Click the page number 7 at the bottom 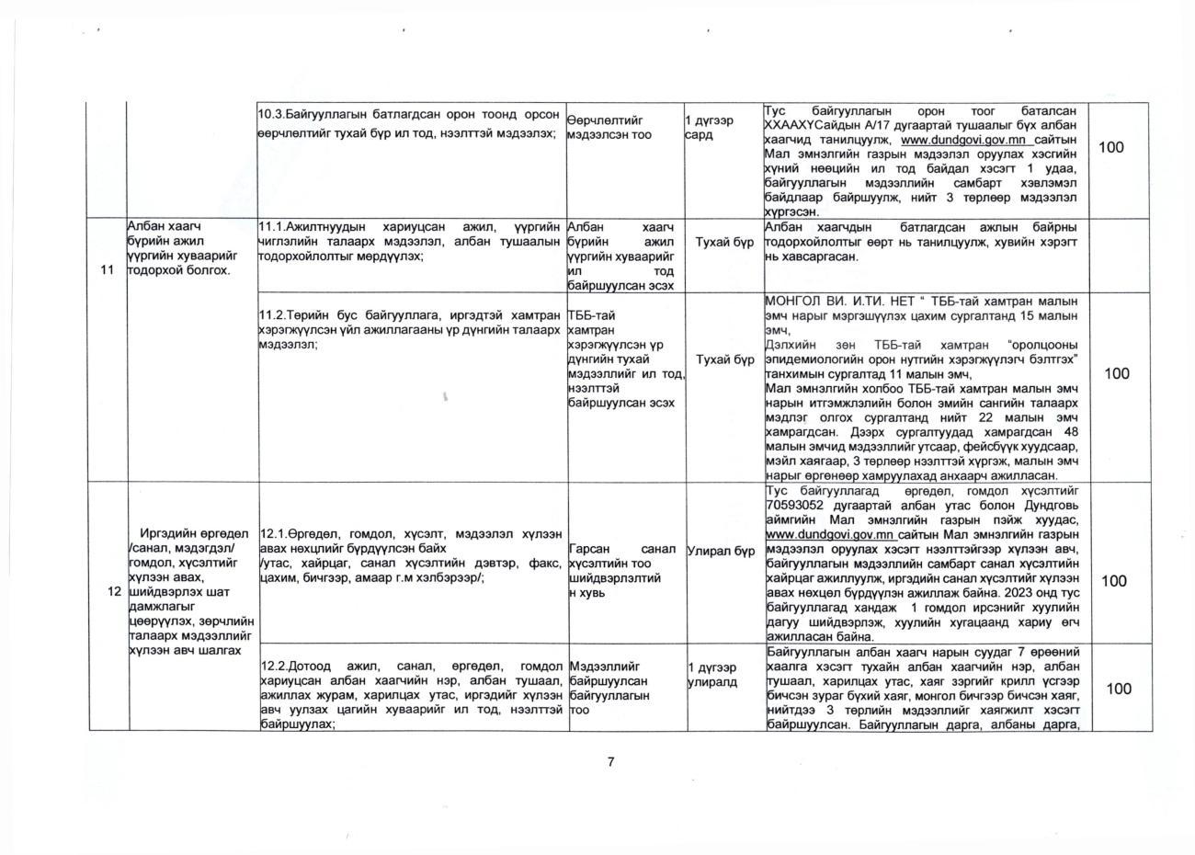pyautogui.click(x=609, y=761)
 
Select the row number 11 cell pyautogui.click(x=108, y=270)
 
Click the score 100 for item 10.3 pyautogui.click(x=1110, y=147)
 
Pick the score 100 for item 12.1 pyautogui.click(x=1114, y=581)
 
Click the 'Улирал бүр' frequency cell pyautogui.click(x=721, y=551)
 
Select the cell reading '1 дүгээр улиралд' pyautogui.click(x=712, y=675)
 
